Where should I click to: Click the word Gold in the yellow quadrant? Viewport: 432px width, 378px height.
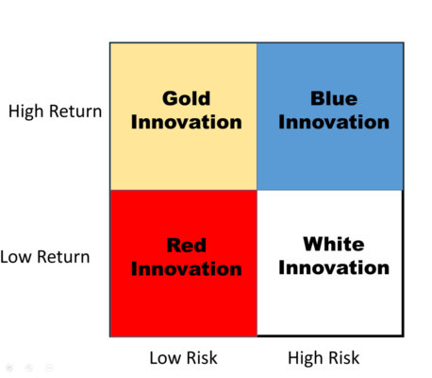pos(186,98)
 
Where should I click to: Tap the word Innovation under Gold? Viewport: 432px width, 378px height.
pos(187,122)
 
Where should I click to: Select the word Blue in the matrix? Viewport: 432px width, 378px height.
pos(333,98)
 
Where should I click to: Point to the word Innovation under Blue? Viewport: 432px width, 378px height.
pos(334,122)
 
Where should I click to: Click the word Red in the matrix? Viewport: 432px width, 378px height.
pos(186,246)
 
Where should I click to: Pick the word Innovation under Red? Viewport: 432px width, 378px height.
pos(187,269)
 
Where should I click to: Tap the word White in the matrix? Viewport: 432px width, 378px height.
pos(333,245)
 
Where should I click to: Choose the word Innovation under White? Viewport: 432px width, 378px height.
pos(334,268)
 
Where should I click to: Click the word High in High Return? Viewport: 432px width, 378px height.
pos(29,112)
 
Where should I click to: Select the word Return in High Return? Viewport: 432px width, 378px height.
pos(76,112)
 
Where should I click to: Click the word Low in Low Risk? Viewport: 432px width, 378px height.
pos(165,358)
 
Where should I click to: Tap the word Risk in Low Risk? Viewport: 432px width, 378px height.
pos(201,358)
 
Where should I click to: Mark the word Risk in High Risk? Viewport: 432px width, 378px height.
pos(341,358)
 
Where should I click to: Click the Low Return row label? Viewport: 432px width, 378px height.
pos(45,256)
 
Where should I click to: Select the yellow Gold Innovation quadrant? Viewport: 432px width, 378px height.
pos(183,151)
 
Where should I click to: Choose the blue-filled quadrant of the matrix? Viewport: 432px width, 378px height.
pos(330,156)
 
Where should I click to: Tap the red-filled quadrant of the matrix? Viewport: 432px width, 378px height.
pos(183,302)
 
